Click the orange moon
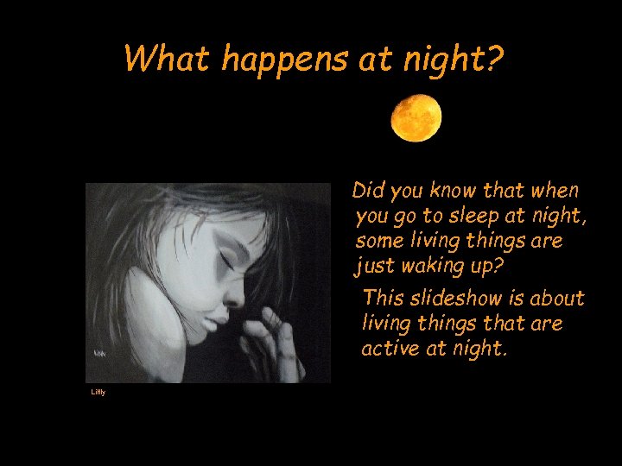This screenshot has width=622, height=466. coord(416,118)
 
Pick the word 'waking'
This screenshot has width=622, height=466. coord(435,267)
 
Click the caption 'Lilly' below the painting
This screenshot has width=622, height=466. coord(98,393)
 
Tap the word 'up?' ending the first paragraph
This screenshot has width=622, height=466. coord(486,267)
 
